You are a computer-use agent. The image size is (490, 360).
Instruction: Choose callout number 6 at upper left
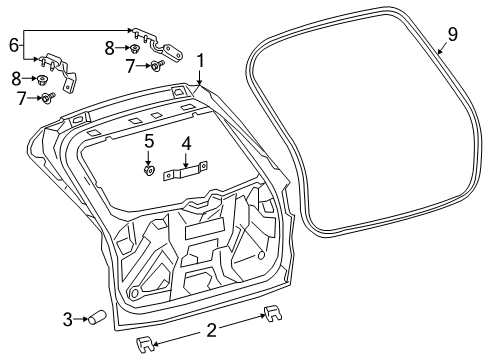[x=14, y=45]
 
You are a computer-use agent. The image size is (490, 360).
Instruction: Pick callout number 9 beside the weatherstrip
[x=452, y=35]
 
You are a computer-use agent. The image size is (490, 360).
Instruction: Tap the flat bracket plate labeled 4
[x=186, y=172]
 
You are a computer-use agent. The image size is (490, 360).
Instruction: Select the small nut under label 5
[x=148, y=170]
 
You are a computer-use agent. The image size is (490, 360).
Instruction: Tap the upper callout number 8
[x=109, y=47]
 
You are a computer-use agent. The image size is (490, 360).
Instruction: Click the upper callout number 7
[x=130, y=66]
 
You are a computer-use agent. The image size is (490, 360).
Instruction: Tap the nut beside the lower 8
[x=43, y=79]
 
